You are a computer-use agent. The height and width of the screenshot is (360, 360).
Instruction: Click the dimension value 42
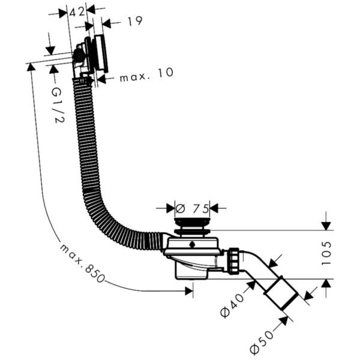76,11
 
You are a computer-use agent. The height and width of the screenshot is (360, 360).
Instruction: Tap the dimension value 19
134,22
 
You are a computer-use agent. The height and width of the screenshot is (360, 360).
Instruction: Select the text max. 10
146,75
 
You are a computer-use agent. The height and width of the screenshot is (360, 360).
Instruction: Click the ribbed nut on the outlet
233,262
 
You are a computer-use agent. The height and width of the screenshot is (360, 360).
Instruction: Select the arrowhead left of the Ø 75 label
167,209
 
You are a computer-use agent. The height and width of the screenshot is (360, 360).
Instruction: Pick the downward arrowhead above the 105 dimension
326,226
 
